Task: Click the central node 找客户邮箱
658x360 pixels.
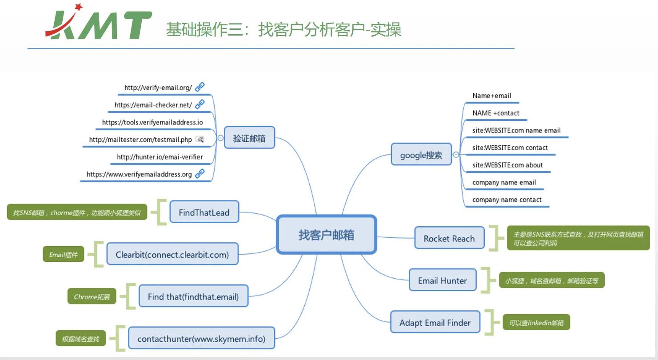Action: point(326,235)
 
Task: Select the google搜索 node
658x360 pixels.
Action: point(421,155)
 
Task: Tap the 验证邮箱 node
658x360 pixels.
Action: point(249,138)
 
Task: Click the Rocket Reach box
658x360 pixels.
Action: point(449,238)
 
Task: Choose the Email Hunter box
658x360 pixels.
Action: point(442,280)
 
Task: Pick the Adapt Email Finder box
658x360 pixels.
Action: point(435,323)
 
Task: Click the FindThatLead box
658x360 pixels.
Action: point(204,212)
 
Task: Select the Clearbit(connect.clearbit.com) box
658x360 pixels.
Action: point(172,255)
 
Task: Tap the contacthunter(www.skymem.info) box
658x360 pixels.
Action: point(201,339)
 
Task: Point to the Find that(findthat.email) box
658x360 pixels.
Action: point(193,296)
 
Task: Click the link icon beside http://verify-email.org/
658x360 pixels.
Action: point(200,87)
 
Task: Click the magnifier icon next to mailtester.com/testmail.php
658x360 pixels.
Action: point(200,140)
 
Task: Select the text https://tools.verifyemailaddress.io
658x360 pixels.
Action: point(152,122)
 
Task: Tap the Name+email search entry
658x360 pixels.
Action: point(491,96)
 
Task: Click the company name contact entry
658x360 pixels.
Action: point(506,200)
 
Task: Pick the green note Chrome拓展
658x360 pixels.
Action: point(92,296)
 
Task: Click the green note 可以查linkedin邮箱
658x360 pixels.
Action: point(536,323)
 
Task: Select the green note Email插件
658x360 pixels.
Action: point(63,255)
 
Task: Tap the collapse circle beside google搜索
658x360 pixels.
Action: point(456,155)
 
